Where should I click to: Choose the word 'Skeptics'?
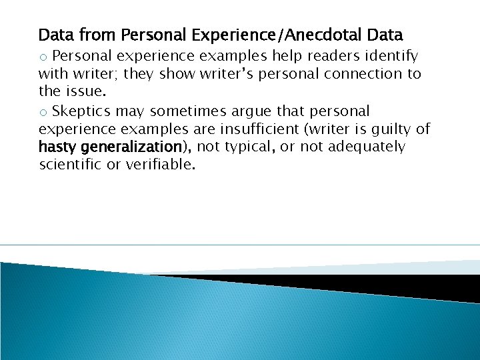click(82, 110)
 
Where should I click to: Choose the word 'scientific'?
click(72, 165)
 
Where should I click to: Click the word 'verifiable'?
click(162, 165)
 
